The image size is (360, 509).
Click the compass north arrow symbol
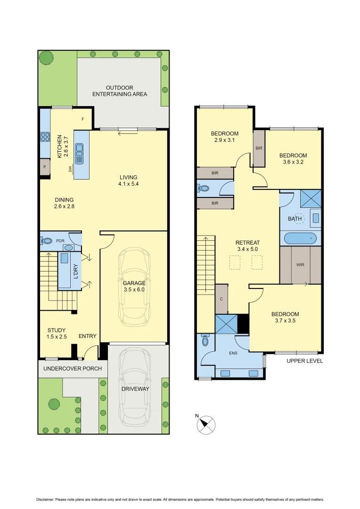pos(205,424)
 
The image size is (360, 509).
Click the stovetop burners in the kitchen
pos(46,137)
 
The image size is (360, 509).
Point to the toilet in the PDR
pos(47,240)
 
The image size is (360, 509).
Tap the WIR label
pos(300,265)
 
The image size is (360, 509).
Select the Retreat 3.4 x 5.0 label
pos(247,246)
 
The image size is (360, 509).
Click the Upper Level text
pos(305,361)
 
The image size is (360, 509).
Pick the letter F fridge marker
pos(83,119)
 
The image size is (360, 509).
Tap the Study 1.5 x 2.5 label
pos(57,333)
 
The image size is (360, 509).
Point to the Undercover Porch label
pos(73,369)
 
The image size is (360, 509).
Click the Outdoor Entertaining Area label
pos(119,91)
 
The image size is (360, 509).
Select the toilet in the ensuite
pos(205,341)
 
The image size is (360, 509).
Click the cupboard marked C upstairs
pos(221,299)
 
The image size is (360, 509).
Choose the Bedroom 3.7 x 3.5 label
pos(285,318)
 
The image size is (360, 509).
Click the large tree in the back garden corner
pos(46,58)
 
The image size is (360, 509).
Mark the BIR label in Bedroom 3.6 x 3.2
pos(259,148)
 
